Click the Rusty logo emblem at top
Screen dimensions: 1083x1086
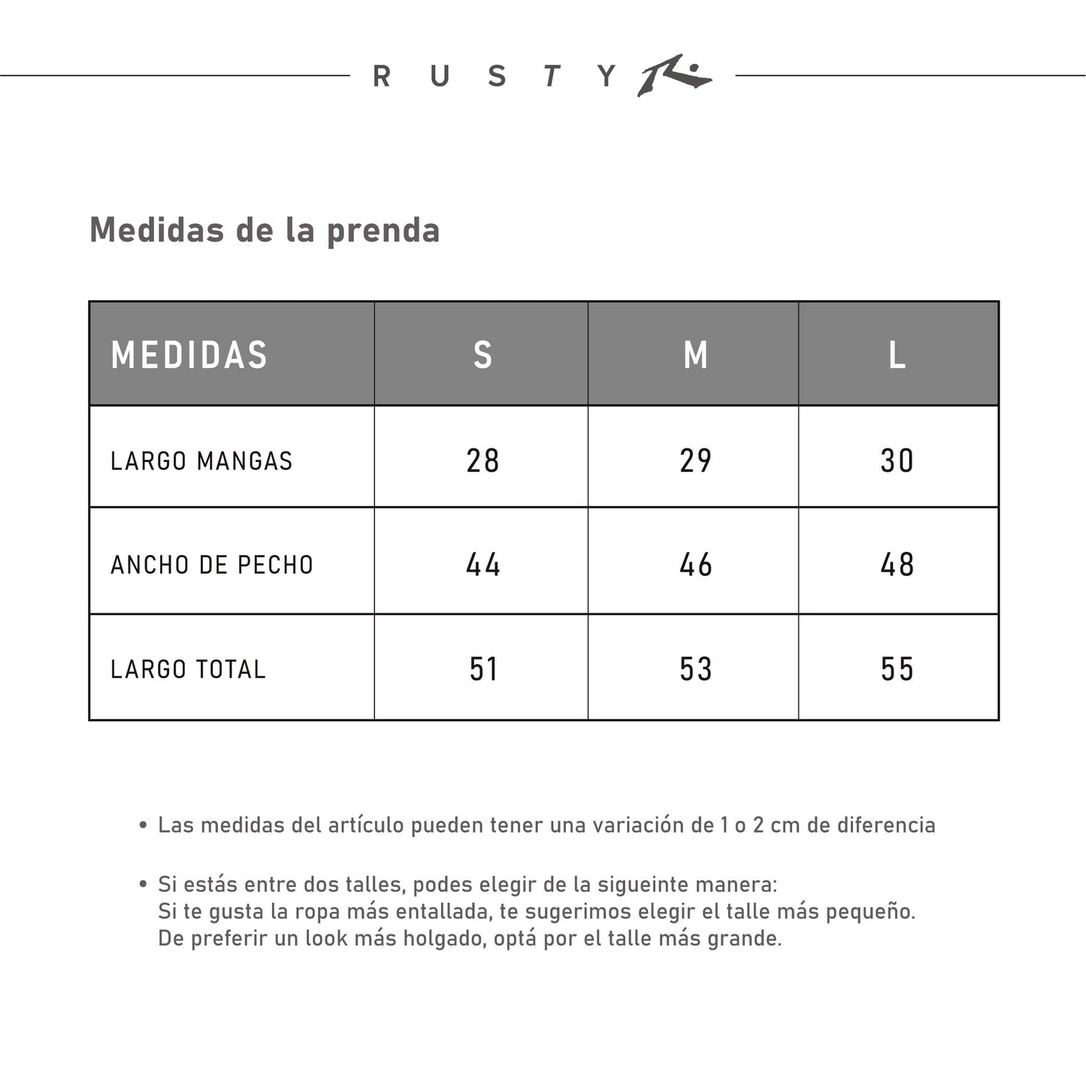click(x=674, y=75)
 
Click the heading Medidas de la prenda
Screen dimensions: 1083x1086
click(x=265, y=230)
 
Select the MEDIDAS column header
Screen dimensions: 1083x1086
click(x=189, y=355)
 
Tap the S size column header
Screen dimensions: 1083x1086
click(x=482, y=355)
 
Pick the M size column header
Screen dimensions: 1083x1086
click(x=695, y=355)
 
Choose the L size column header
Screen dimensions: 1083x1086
click(x=897, y=355)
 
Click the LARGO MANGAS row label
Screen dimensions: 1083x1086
click(x=201, y=460)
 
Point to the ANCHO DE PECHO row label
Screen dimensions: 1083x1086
click(x=212, y=565)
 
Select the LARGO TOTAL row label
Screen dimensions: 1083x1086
click(x=188, y=669)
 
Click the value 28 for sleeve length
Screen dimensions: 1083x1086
click(x=482, y=460)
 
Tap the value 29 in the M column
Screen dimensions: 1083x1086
click(x=695, y=460)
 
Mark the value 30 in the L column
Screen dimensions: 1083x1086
click(x=897, y=460)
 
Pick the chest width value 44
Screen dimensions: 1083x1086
click(x=482, y=565)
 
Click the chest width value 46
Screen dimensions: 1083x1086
click(x=695, y=565)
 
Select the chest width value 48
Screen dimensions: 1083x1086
click(x=897, y=565)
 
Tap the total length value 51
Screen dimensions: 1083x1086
click(x=482, y=669)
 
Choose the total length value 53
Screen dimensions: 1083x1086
click(x=695, y=669)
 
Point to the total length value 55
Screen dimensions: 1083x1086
click(x=897, y=669)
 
